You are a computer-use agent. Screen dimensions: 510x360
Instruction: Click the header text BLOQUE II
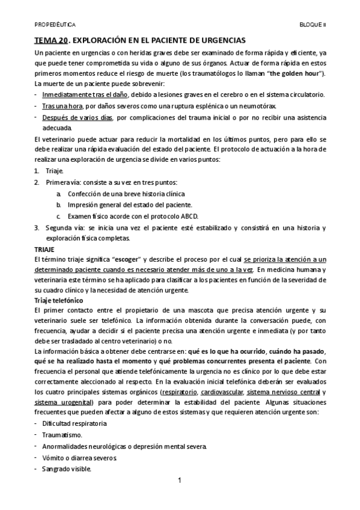[x=313, y=25]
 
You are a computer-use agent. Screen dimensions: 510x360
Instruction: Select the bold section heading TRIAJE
[x=44, y=248]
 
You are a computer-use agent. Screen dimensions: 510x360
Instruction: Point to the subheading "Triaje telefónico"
[x=58, y=299]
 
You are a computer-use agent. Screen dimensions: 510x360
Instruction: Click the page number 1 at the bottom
[x=179, y=481]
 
